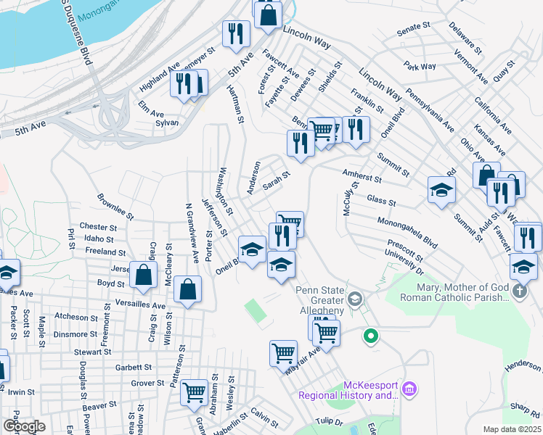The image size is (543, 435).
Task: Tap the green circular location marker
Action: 370,336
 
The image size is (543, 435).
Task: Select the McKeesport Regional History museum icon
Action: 409,390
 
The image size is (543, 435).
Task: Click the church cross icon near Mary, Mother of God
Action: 520,291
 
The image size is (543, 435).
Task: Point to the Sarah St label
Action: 276,180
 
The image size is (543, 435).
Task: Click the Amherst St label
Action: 362,174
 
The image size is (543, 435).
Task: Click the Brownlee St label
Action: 115,206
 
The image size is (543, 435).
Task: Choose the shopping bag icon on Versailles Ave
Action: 187,289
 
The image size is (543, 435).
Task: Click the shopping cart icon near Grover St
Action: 194,392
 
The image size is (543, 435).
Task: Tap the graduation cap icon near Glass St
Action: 441,190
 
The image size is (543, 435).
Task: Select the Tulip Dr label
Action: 327,421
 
